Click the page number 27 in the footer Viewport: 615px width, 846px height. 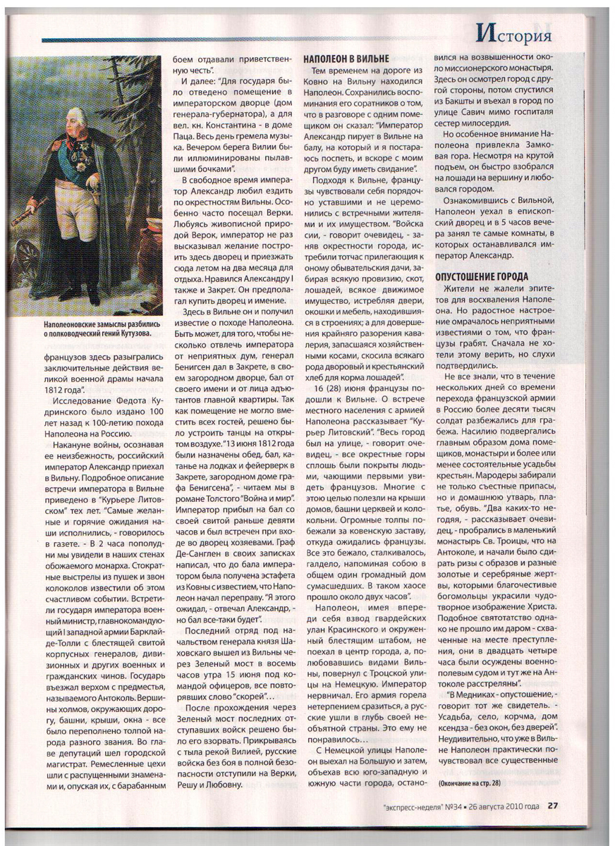554,805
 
